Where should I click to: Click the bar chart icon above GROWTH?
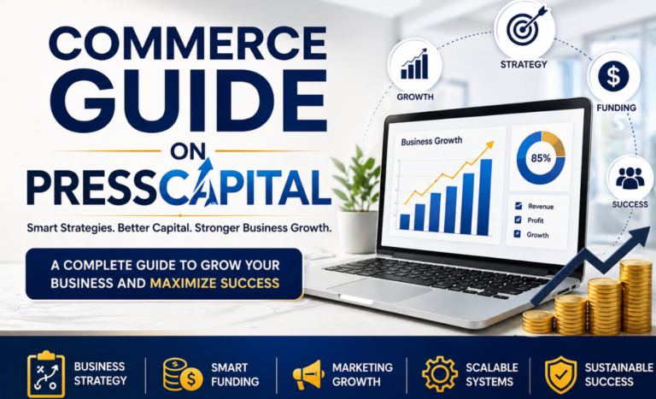414,64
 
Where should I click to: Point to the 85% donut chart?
540,158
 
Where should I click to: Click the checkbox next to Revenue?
516,206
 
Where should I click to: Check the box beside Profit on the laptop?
516,220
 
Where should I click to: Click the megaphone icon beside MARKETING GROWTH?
308,374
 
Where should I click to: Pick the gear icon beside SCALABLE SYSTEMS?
440,374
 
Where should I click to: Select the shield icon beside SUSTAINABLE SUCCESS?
560,374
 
